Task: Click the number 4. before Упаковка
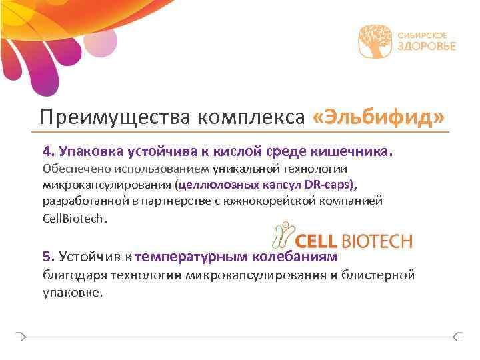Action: (x=49, y=151)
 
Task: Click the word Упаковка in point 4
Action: (x=91, y=151)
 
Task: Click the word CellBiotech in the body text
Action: (x=73, y=218)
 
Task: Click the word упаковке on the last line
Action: (x=73, y=291)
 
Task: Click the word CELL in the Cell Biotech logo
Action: (x=317, y=241)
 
